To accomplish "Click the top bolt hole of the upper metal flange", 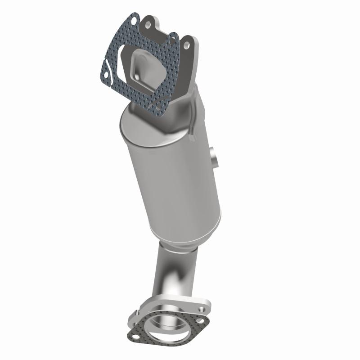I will [148, 24].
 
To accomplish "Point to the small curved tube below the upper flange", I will [193, 112].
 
